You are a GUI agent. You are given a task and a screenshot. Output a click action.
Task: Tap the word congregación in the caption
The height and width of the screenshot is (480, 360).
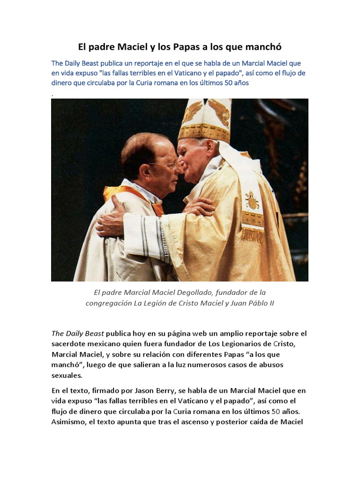(109, 303)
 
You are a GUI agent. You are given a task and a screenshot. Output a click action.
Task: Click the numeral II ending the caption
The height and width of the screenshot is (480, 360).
(270, 303)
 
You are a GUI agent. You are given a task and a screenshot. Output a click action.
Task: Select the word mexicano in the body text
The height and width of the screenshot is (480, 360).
(102, 344)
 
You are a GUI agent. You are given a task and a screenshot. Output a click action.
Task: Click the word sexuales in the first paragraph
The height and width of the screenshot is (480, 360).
(67, 375)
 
